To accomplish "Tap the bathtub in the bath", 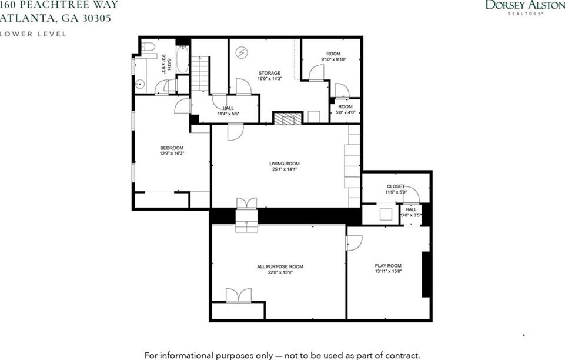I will [183, 59].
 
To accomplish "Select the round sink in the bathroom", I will [140, 84].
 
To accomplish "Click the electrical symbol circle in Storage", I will [241, 53].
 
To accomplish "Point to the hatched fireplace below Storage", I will [288, 118].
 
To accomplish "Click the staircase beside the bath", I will [200, 74].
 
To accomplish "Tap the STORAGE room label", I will [269, 74].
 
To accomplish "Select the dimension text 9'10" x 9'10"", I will [333, 59].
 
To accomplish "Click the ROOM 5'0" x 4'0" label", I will [345, 109].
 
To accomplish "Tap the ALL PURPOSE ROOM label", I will [280, 266].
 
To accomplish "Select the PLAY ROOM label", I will [387, 266].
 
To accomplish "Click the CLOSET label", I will [395, 186].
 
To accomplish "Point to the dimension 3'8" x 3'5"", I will [411, 215].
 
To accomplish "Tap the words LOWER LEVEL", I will [34, 34].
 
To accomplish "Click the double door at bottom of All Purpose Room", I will [238, 295].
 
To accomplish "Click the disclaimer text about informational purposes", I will [282, 355].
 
